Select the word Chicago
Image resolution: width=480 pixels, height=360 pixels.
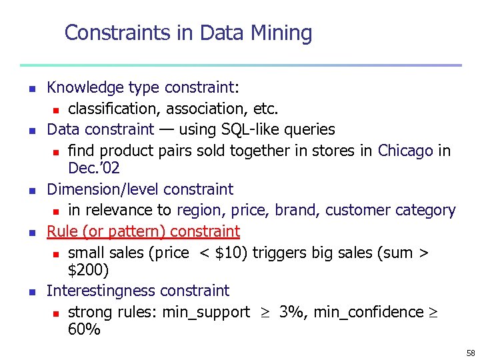(405, 150)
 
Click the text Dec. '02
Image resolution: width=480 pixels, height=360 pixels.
(93, 168)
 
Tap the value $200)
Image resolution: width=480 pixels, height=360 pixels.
(89, 270)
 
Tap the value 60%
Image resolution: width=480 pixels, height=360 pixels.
(84, 329)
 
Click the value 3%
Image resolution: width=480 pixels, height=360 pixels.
(293, 311)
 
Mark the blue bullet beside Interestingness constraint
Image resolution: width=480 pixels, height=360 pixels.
(31, 292)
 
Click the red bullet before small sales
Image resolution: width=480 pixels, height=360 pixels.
(57, 254)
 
